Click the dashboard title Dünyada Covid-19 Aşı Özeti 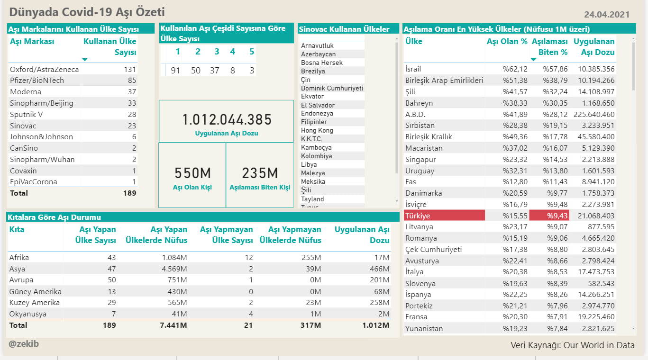point(87,12)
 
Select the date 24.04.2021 point(607,15)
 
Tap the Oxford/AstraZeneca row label point(44,70)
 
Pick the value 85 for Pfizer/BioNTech point(132,81)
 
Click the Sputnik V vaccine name point(27,115)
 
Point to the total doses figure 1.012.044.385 point(227,119)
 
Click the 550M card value point(192,173)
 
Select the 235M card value point(260,173)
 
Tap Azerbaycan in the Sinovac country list point(318,54)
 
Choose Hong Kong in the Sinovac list point(317,130)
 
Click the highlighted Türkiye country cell point(444,216)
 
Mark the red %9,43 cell point(549,216)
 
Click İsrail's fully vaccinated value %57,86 point(555,69)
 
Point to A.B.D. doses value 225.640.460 point(594,115)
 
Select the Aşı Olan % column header point(507,41)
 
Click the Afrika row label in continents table point(19,257)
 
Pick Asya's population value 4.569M point(174,269)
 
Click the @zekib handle point(24,344)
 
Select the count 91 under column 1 point(175,71)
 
